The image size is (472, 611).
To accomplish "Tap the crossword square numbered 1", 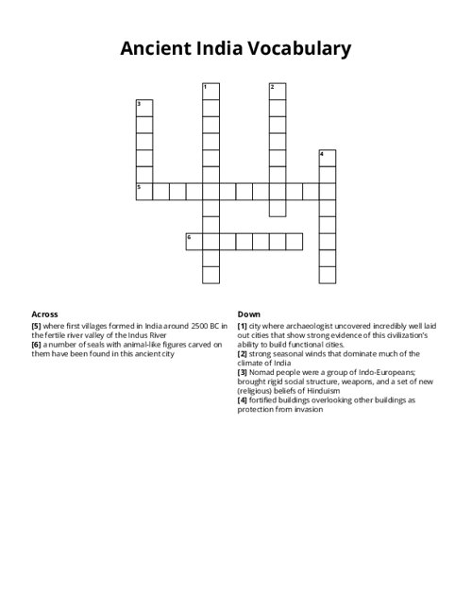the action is click(211, 92).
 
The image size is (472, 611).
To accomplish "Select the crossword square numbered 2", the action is click(278, 92).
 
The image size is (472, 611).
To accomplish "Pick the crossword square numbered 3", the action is click(144, 108).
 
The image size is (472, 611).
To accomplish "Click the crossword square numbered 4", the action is click(328, 158).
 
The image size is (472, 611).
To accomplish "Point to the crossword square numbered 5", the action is click(144, 192).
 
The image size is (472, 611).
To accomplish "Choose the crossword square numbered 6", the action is click(194, 242).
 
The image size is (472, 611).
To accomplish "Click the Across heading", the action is click(44, 314).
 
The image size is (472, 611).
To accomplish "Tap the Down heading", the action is click(249, 314).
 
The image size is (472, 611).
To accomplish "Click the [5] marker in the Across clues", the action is click(37, 325).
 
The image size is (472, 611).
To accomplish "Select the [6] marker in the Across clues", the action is click(37, 345).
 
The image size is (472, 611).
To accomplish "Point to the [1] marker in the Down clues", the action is click(243, 325).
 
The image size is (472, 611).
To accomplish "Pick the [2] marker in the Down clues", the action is click(243, 354).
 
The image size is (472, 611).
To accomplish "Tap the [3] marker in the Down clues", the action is click(243, 373).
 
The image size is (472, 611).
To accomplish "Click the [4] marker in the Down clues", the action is click(243, 400).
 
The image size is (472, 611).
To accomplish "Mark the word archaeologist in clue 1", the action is click(315, 325).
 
